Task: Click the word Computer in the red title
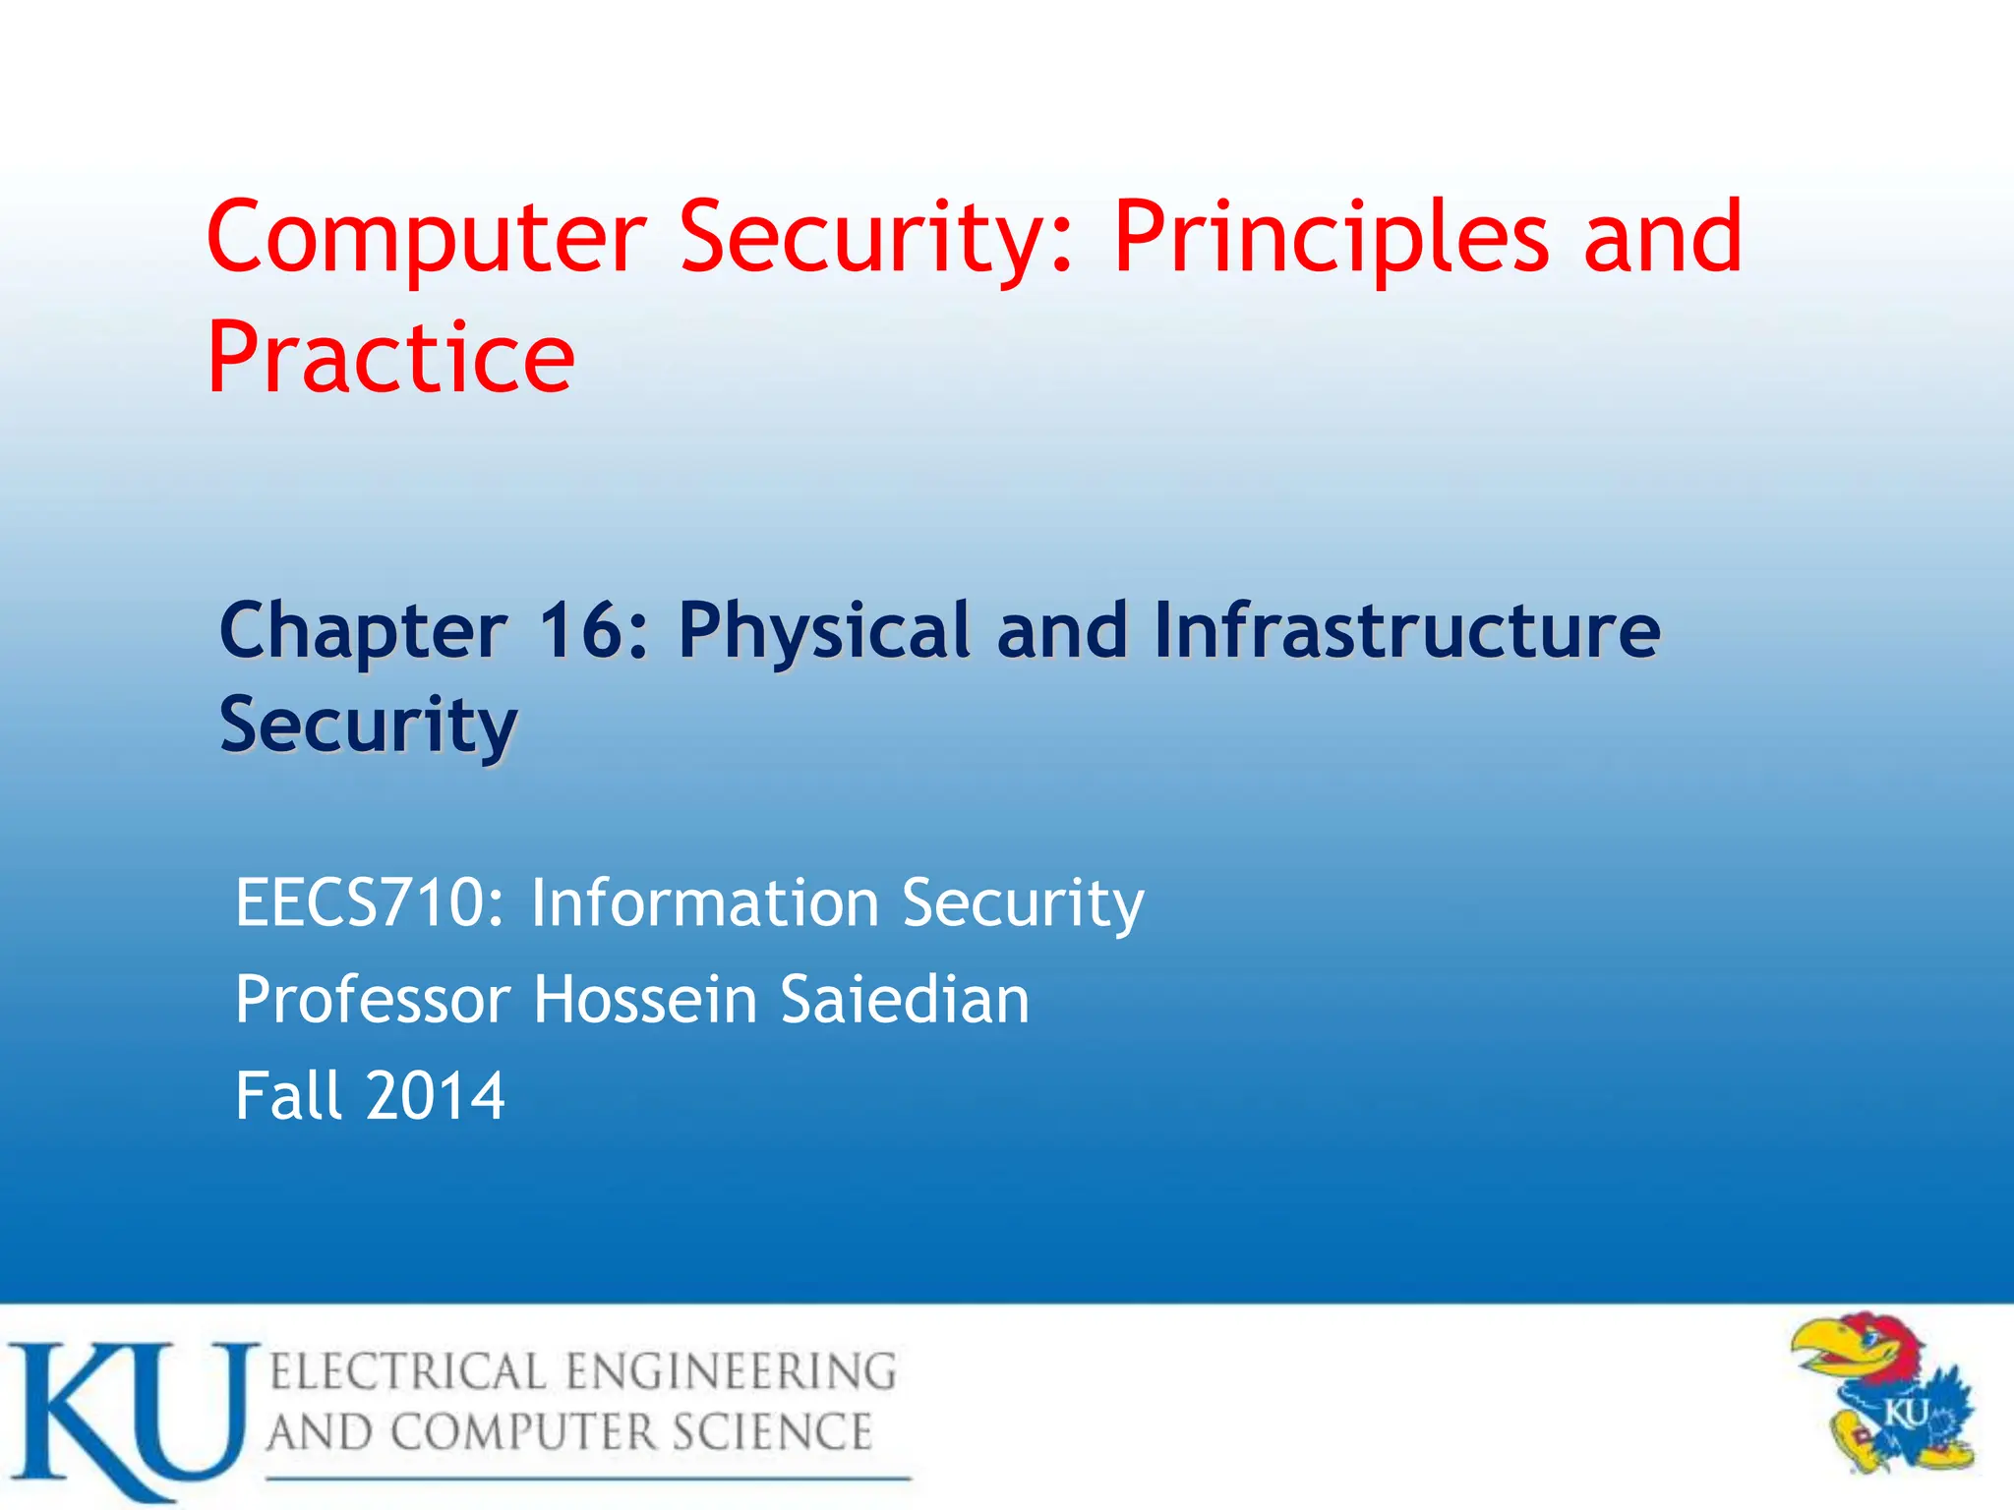coord(426,238)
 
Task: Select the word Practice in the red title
coord(390,359)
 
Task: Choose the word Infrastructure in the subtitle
coord(1406,630)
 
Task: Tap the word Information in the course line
coord(704,903)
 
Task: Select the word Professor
coord(372,1000)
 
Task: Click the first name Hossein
coord(645,1000)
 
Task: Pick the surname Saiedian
coord(905,1000)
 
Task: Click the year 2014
coord(436,1096)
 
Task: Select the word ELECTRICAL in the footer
coord(407,1372)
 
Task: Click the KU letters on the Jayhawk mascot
coord(1905,1416)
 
